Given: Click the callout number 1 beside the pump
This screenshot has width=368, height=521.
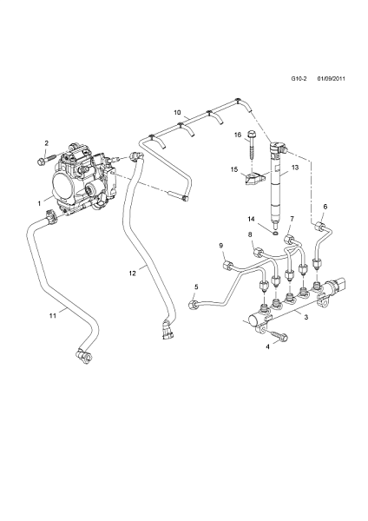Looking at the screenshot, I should pyautogui.click(x=38, y=202).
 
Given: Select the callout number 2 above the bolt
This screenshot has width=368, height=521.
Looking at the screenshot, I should pyautogui.click(x=46, y=142).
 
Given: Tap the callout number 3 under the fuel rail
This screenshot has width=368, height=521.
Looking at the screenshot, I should pyautogui.click(x=305, y=319).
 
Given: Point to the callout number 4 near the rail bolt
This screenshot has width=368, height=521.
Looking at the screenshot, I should pyautogui.click(x=268, y=346).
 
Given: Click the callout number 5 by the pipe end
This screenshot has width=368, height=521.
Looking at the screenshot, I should pyautogui.click(x=195, y=287).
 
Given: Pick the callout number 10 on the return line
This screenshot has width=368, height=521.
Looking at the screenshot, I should pyautogui.click(x=176, y=113).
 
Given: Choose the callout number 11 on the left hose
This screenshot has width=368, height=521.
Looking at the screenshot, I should pyautogui.click(x=52, y=315).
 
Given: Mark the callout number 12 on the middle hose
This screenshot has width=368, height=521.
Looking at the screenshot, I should pyautogui.click(x=133, y=274).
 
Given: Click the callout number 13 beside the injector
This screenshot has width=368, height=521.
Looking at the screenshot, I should pyautogui.click(x=294, y=168).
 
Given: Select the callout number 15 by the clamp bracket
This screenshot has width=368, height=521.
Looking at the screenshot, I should pyautogui.click(x=233, y=169).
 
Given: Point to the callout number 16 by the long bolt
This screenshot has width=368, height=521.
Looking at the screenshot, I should pyautogui.click(x=237, y=135).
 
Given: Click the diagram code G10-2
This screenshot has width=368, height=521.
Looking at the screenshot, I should pyautogui.click(x=300, y=79).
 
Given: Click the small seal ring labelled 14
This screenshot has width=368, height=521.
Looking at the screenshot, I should pyautogui.click(x=274, y=231).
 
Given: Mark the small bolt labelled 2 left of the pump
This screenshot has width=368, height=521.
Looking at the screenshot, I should pyautogui.click(x=43, y=159).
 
